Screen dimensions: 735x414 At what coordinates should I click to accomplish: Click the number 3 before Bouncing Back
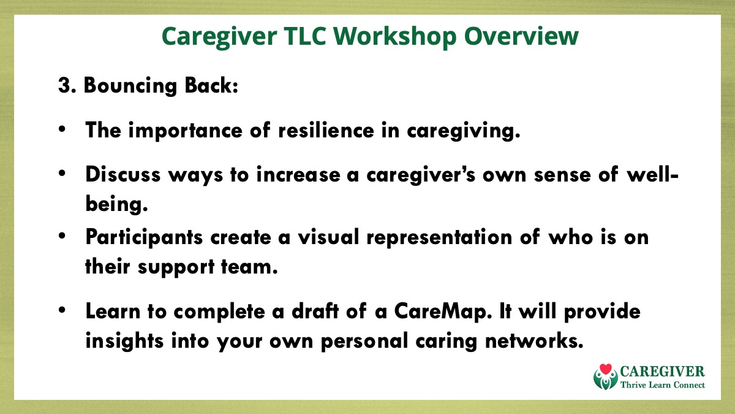pyautogui.click(x=65, y=85)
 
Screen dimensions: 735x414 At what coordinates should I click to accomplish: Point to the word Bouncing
pyautogui.click(x=130, y=86)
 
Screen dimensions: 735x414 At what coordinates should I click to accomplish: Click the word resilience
pyautogui.click(x=326, y=130)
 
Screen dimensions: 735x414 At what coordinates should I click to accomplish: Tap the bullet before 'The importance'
pyautogui.click(x=62, y=129)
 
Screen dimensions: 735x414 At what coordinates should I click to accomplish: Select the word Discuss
pyautogui.click(x=123, y=174)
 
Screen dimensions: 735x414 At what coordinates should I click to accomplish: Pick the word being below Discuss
pyautogui.click(x=116, y=204)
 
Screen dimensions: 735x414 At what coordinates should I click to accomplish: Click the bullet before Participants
pyautogui.click(x=62, y=236)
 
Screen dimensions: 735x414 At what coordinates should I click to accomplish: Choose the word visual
pyautogui.click(x=328, y=237)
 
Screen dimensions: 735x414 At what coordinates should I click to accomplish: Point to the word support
pyautogui.click(x=176, y=267)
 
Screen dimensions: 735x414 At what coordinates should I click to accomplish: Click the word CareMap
pyautogui.click(x=443, y=312)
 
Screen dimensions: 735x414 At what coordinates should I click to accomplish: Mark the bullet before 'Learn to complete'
pyautogui.click(x=62, y=310)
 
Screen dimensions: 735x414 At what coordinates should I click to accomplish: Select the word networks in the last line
pyautogui.click(x=534, y=340)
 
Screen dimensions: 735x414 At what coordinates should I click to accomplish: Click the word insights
pyautogui.click(x=124, y=341)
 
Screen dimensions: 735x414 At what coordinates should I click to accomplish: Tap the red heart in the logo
pyautogui.click(x=606, y=369)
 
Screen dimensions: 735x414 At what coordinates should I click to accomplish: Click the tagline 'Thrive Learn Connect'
pyautogui.click(x=663, y=385)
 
